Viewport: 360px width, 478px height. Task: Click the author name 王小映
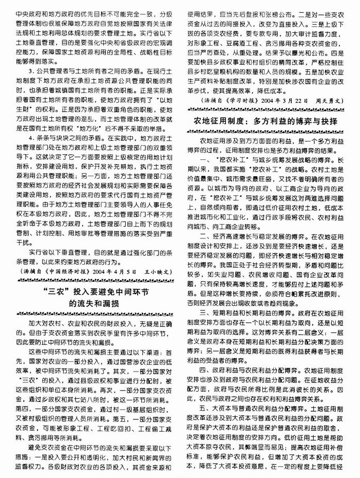coord(157,268)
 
